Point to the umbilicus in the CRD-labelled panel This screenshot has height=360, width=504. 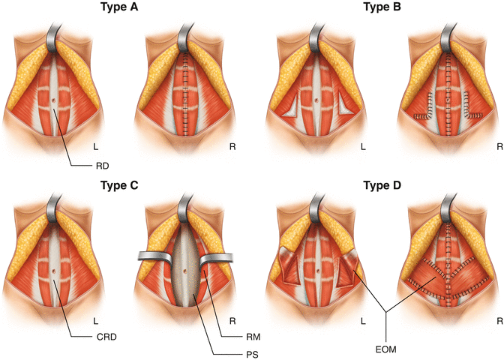coord(56,265)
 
